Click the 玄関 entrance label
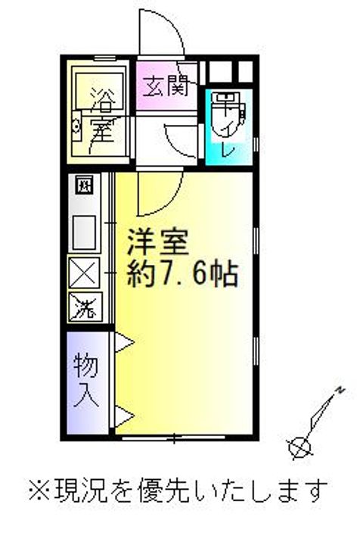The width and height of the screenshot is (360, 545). pos(166,86)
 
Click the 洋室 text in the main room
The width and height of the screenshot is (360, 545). pos(157,241)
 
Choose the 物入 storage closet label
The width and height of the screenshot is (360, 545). pos(86,380)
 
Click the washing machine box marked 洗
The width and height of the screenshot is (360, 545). pos(85,307)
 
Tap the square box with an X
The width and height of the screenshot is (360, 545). pos(85,272)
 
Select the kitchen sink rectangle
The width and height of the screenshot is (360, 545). pos(84,232)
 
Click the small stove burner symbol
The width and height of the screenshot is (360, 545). pos(85,185)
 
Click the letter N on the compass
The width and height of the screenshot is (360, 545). pos(340,390)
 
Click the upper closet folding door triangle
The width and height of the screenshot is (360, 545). pos(124,342)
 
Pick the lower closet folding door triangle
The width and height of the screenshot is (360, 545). pos(124,416)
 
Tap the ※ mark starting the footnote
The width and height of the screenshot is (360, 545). pos(40,490)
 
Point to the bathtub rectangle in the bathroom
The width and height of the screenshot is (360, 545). pos(100,91)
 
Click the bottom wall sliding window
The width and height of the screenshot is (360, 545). pos(174,438)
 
